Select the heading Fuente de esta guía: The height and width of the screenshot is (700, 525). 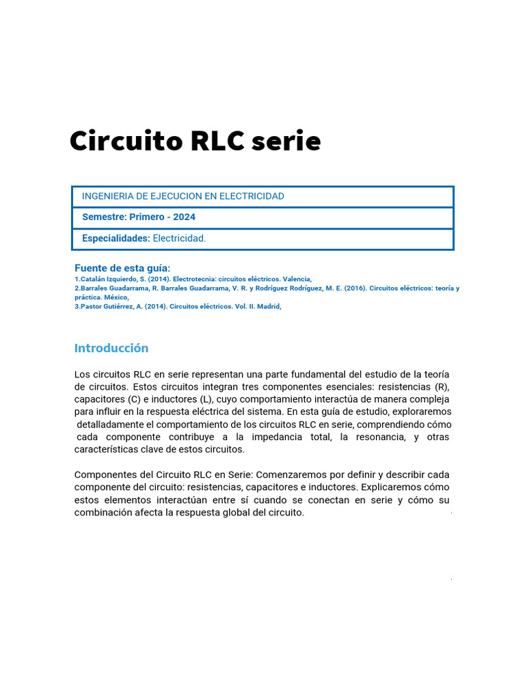122,268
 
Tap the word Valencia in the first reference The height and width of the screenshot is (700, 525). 296,279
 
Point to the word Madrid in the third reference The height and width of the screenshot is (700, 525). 268,306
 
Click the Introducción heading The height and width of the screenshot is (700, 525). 111,348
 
